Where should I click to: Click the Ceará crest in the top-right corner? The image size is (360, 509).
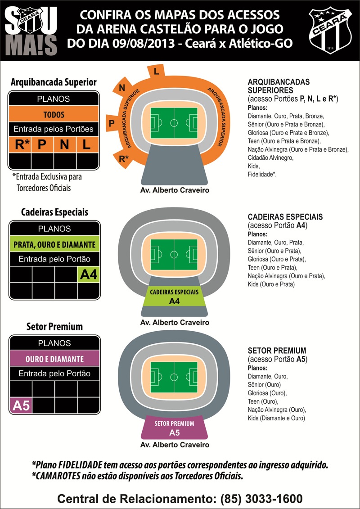pos(332,30)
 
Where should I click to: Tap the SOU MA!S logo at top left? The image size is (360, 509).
pos(31,31)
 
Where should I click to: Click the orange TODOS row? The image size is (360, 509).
pos(54,114)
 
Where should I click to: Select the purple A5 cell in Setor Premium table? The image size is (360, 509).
pos(21,405)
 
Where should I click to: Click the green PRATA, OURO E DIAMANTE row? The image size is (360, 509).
pos(54,244)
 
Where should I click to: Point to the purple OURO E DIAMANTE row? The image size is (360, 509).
pos(54,359)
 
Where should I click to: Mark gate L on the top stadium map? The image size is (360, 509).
pos(156,72)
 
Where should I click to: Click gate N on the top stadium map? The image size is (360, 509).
pos(122,88)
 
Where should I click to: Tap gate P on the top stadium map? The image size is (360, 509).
pos(111,122)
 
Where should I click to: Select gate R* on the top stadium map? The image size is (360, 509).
pos(123,158)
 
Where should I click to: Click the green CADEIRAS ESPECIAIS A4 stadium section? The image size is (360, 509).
pos(174,296)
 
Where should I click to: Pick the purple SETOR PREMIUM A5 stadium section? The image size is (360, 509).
pos(174,428)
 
